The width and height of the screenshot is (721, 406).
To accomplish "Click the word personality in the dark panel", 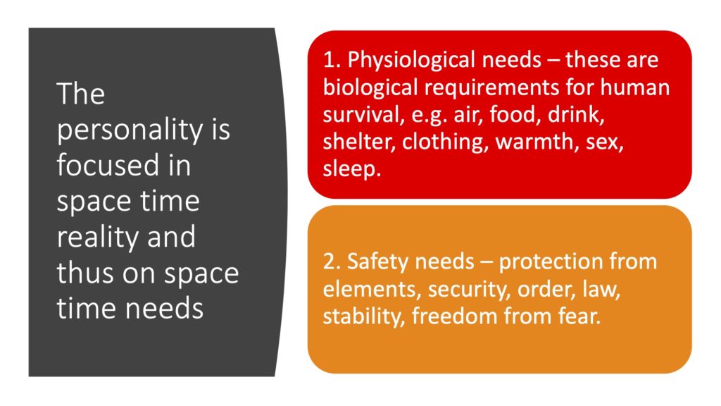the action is pyautogui.click(x=130, y=130).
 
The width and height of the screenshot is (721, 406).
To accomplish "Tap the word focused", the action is pyautogui.click(x=108, y=165).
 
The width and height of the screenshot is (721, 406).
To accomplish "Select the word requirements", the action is pyautogui.click(x=491, y=88).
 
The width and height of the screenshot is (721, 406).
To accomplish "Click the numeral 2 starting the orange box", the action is pyautogui.click(x=330, y=262).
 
